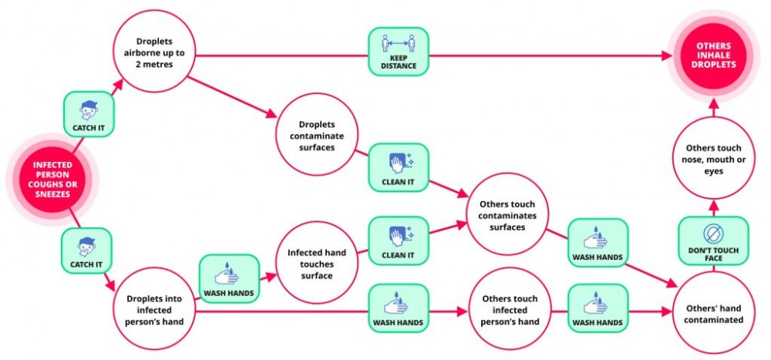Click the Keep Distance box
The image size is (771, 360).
coord(399,52)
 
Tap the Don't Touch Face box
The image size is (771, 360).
coord(712,242)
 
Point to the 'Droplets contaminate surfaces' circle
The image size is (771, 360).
coord(317,134)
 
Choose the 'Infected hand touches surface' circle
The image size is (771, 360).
coord(317,263)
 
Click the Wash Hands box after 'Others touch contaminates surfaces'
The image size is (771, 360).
coord(598,242)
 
